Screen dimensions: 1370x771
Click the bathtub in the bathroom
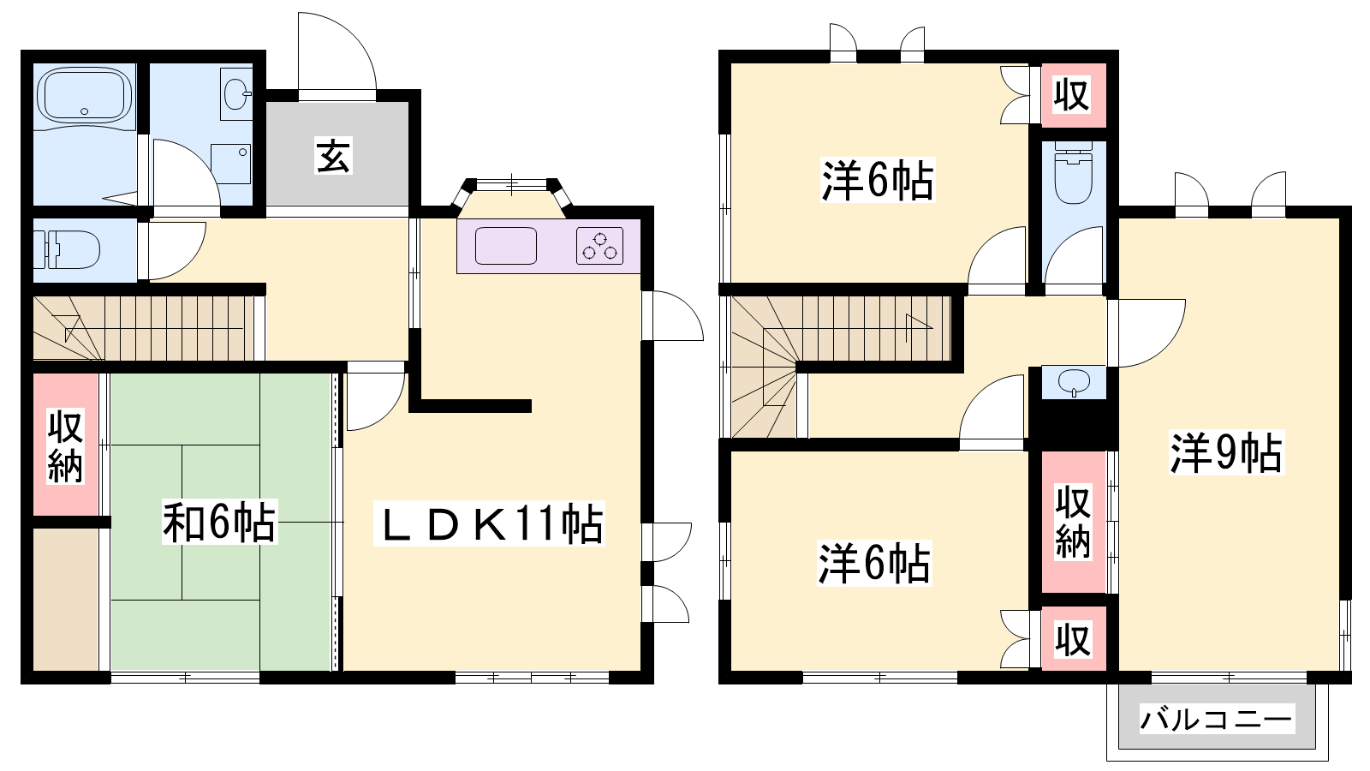85,98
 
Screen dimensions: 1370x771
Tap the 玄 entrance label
333,156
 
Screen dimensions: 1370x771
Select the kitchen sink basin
506,245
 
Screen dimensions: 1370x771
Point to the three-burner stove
599,245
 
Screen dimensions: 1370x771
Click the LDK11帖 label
489,523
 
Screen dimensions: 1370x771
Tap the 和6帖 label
219,522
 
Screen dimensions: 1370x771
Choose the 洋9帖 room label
1226,453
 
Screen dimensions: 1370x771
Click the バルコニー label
1217,719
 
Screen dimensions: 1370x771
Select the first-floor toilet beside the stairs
67,249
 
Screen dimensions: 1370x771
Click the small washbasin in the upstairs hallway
1074,383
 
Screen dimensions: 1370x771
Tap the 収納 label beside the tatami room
65,447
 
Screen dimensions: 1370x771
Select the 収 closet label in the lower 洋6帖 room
1074,640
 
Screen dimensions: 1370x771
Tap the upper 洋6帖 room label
878,181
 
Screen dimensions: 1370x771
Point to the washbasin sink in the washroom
236,93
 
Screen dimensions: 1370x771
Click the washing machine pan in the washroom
230,164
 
